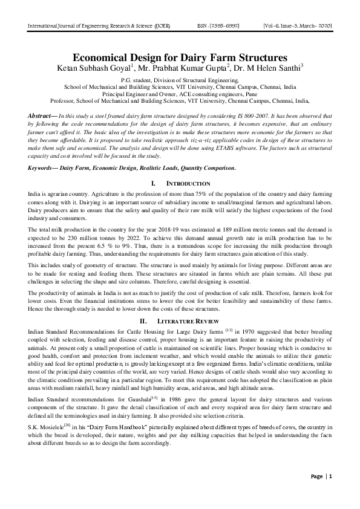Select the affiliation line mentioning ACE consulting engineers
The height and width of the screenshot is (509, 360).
tap(179, 94)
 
